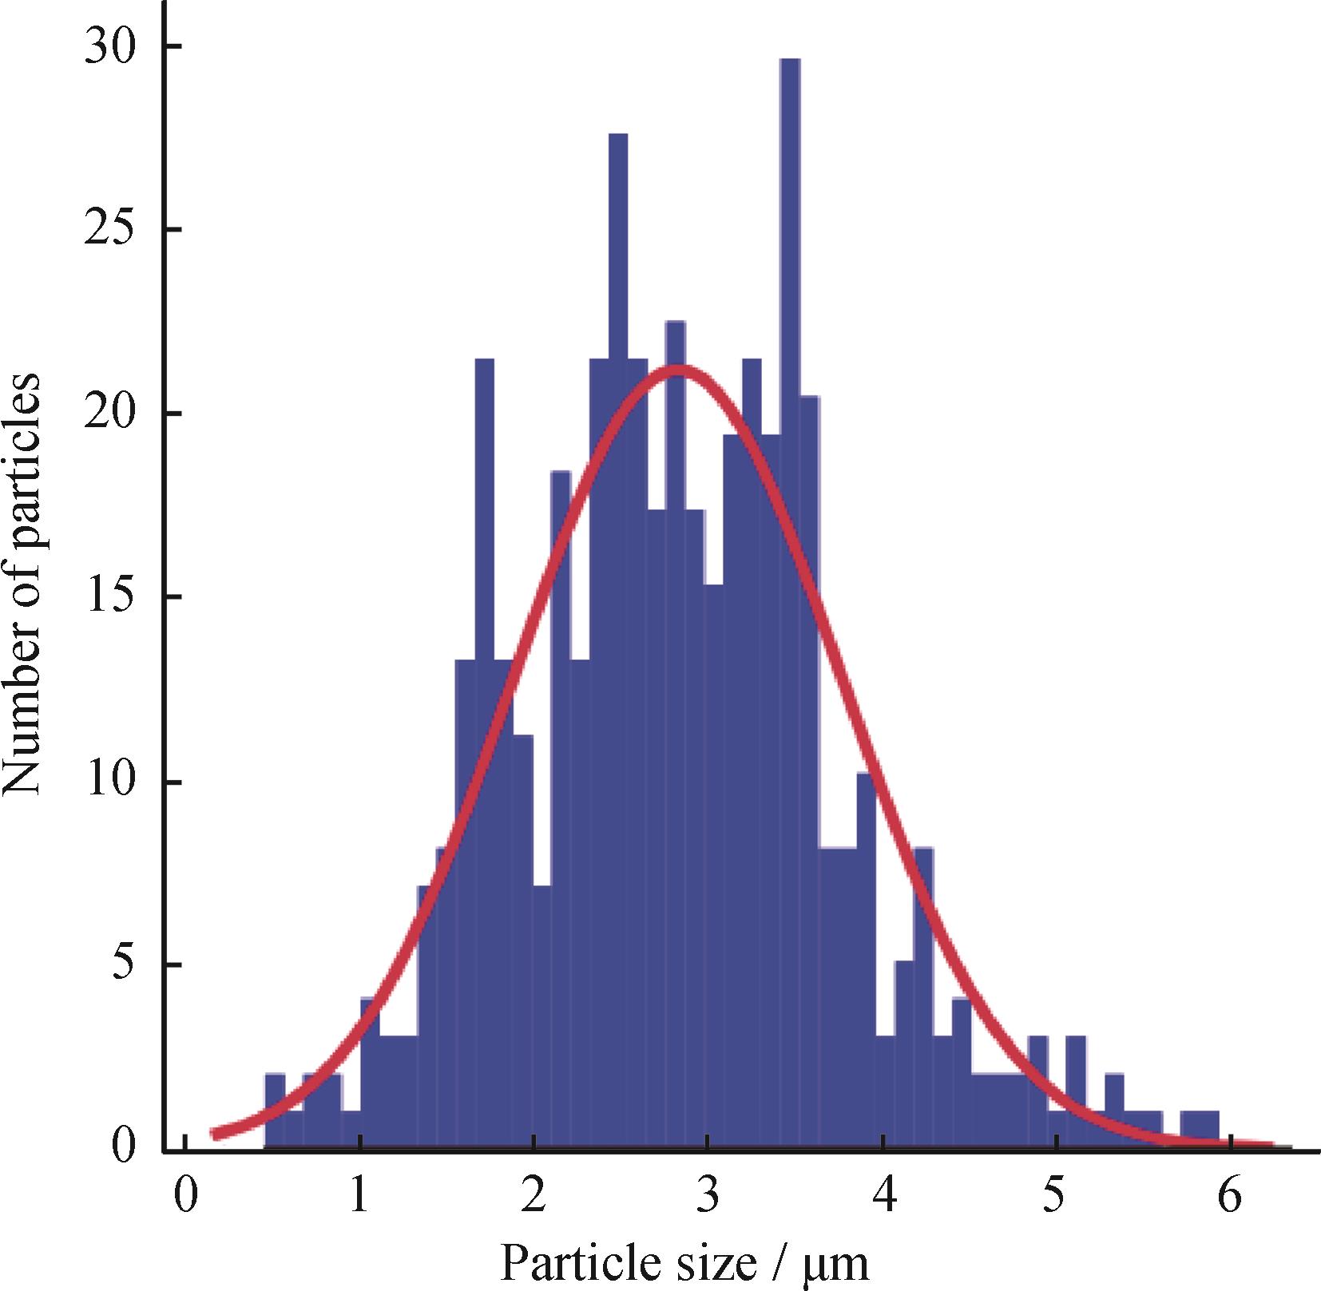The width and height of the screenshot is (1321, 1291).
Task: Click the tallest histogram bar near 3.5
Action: click(790, 559)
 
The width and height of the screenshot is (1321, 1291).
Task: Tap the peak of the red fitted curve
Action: click(677, 370)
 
